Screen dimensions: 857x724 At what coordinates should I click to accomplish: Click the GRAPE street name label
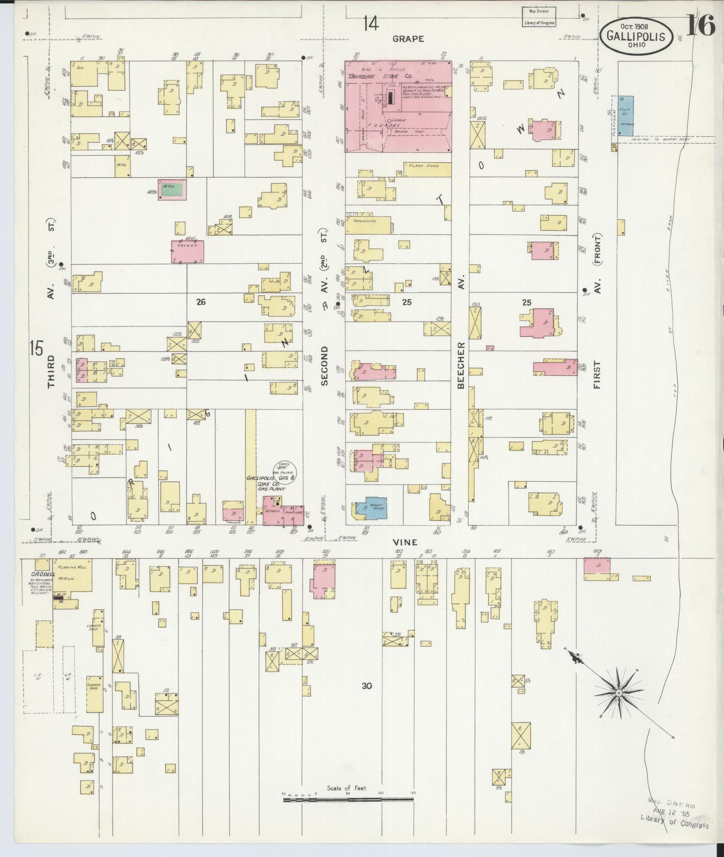click(x=408, y=39)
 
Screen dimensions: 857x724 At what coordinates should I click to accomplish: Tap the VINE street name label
click(x=405, y=542)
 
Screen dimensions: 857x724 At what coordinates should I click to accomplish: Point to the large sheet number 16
click(x=700, y=25)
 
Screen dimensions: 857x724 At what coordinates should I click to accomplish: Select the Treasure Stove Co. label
click(x=381, y=76)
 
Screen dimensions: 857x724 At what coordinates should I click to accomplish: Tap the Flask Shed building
click(x=427, y=169)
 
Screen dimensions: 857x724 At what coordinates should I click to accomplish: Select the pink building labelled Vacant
click(x=188, y=251)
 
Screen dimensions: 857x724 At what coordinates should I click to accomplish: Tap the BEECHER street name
click(x=461, y=365)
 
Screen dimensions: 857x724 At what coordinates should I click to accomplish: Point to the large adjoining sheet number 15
click(x=37, y=347)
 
